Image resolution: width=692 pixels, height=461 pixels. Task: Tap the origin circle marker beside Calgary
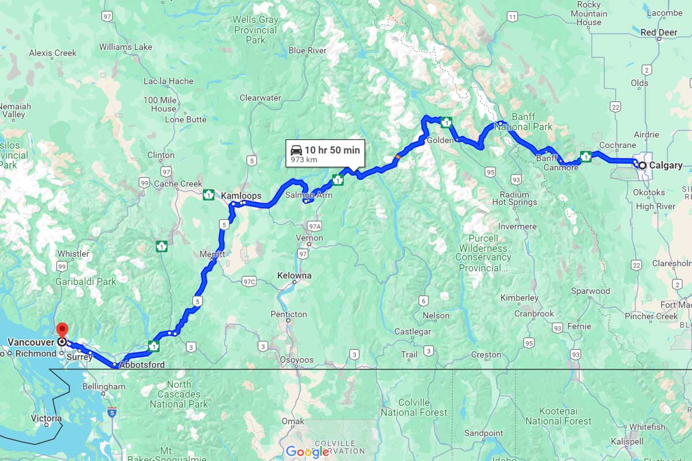(x=642, y=165)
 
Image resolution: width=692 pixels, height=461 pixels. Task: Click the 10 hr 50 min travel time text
(x=332, y=150)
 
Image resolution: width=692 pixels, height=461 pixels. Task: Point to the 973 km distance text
(x=304, y=160)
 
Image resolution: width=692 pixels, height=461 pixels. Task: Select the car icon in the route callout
(x=296, y=150)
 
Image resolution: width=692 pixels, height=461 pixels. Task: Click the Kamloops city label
(x=241, y=196)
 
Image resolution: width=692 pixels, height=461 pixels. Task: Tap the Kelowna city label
(x=294, y=275)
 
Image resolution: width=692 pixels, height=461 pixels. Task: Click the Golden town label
(x=440, y=140)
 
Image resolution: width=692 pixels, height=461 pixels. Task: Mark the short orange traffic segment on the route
(x=398, y=156)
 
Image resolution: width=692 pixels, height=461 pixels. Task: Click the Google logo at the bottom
(x=307, y=452)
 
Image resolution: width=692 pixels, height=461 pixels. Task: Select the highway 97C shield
(x=249, y=281)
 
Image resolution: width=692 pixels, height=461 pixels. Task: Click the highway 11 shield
(x=512, y=17)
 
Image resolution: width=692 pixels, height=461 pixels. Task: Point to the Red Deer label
(x=659, y=32)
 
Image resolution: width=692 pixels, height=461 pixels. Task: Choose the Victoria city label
(x=47, y=418)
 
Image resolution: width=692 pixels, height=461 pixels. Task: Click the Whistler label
(x=73, y=254)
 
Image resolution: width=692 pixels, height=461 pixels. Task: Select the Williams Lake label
(x=126, y=47)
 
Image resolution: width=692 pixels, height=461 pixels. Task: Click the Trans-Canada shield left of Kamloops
(x=209, y=195)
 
